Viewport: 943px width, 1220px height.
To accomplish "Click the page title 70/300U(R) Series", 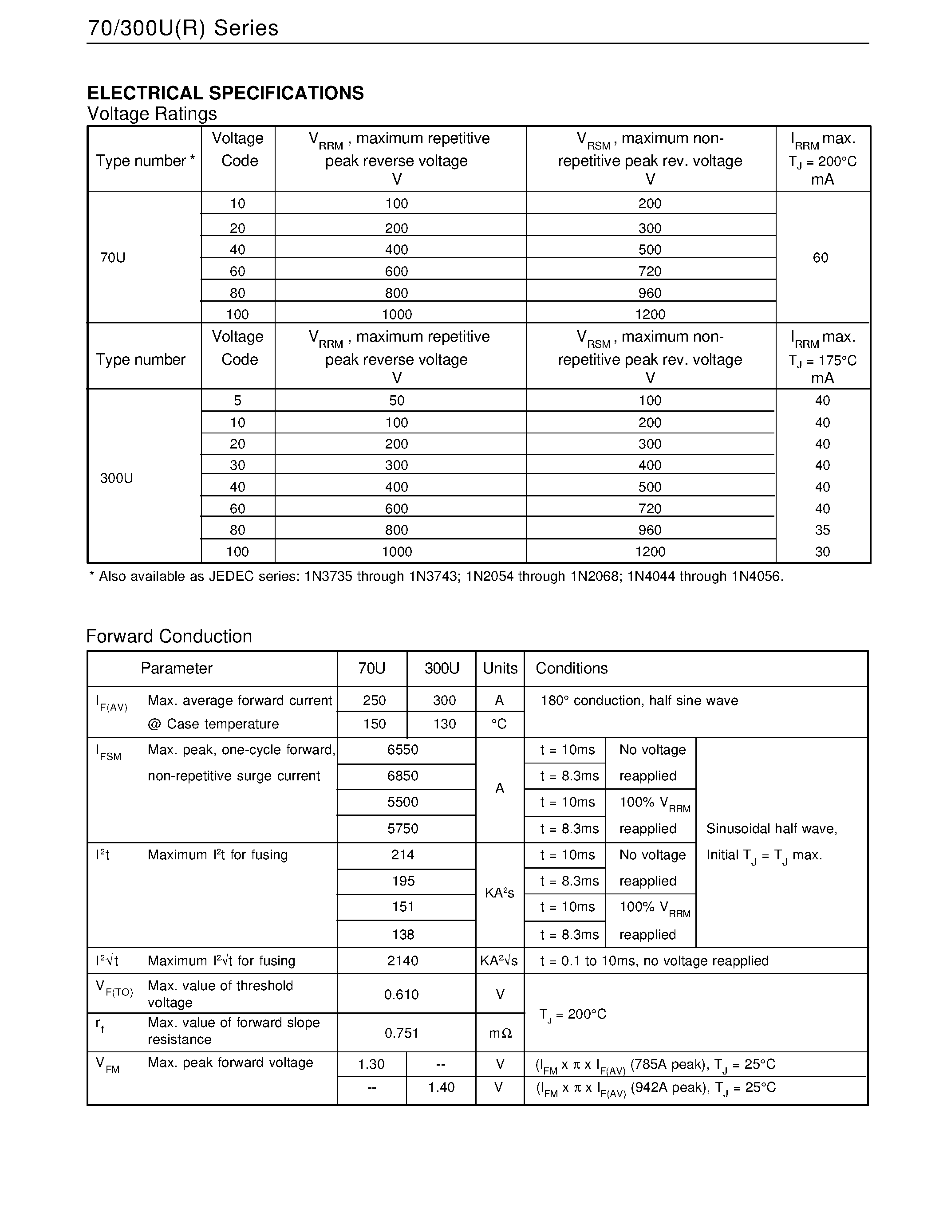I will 183,28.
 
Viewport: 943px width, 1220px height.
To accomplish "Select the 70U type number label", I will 112,257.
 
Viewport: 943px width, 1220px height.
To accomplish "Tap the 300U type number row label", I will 116,478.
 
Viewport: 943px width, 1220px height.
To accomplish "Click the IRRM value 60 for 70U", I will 820,257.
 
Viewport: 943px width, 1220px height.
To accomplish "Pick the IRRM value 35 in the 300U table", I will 822,530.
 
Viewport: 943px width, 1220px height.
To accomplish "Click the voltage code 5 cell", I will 237,401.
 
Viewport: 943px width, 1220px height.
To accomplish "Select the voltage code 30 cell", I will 237,465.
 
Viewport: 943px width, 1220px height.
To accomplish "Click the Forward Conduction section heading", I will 169,636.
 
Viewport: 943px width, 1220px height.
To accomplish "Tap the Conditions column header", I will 571,668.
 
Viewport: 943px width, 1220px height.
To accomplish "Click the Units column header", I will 500,668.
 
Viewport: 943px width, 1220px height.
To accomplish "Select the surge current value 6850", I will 403,775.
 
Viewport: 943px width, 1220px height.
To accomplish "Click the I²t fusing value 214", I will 403,855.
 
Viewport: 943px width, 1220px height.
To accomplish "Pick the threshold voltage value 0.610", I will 401,994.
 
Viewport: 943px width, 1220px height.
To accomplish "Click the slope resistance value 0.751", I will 401,1033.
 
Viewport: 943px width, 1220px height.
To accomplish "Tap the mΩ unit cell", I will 500,1033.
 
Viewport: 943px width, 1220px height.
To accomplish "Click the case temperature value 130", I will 444,724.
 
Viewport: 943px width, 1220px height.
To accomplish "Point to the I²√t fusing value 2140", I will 403,961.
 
